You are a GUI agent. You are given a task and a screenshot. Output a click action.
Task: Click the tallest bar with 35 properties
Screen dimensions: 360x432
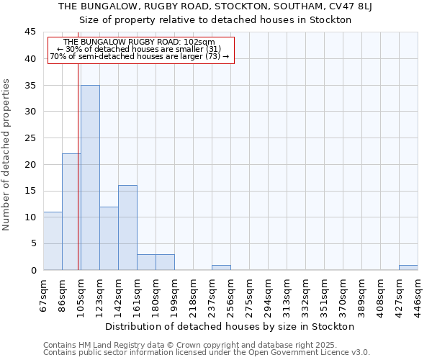coord(90,178)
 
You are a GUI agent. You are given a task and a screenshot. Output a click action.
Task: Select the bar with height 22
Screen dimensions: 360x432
coord(71,212)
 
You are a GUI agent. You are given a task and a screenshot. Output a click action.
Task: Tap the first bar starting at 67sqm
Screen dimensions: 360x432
coord(53,240)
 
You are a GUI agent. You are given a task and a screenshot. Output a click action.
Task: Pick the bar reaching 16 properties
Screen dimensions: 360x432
coord(127,228)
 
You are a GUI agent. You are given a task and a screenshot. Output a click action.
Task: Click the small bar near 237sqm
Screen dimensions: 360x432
coord(221,267)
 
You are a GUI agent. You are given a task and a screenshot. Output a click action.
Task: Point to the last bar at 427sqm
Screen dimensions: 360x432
coord(408,267)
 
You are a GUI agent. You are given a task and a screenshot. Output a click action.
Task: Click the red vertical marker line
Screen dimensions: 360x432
coord(78,180)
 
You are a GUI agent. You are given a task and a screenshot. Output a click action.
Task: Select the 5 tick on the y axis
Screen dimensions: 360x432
coord(32,243)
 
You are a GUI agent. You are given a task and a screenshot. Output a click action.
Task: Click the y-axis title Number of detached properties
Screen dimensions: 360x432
coord(7,155)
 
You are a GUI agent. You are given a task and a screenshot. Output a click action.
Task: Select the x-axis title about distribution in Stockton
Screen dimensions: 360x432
coord(234,327)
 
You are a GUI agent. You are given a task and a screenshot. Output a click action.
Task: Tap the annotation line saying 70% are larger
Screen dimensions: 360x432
coord(140,56)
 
